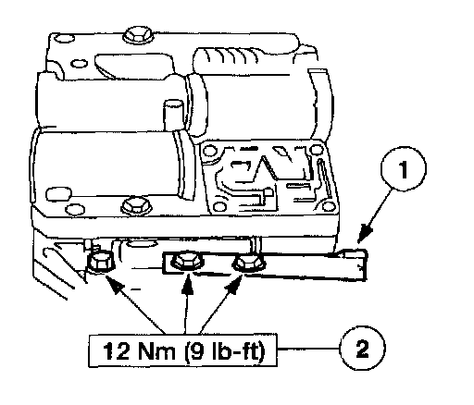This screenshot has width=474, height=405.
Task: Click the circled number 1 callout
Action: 404,168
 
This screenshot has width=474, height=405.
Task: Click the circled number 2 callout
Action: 362,349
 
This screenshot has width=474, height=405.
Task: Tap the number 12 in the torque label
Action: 115,350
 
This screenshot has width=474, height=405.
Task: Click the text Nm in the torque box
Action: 156,350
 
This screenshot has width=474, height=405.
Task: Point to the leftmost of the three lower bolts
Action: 101,262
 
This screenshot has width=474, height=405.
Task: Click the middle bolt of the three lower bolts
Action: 185,262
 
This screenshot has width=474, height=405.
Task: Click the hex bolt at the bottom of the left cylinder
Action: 136,204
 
